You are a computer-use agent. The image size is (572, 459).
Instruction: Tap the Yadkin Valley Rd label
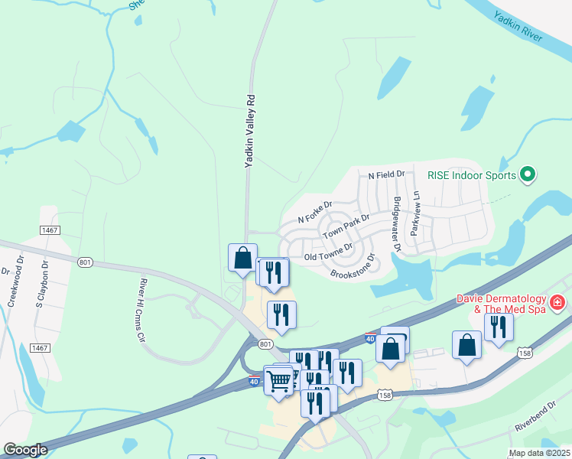pos(249,131)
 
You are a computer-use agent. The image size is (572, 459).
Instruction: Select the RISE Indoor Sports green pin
pos(527,176)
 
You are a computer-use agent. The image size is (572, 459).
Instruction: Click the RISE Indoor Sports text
pos(473,176)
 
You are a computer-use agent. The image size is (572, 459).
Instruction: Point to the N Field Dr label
pos(386,175)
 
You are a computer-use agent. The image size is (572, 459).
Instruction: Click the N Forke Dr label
pos(315,212)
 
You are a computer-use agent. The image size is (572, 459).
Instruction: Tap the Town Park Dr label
pos(346,226)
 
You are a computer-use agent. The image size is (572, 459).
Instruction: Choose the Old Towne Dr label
pos(327,252)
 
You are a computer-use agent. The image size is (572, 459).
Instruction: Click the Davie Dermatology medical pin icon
pos(557,303)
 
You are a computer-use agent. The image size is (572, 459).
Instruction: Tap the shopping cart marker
pos(278,379)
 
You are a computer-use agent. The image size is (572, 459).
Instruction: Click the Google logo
pos(25,450)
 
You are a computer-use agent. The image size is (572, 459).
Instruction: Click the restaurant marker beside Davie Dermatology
pos(499,327)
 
